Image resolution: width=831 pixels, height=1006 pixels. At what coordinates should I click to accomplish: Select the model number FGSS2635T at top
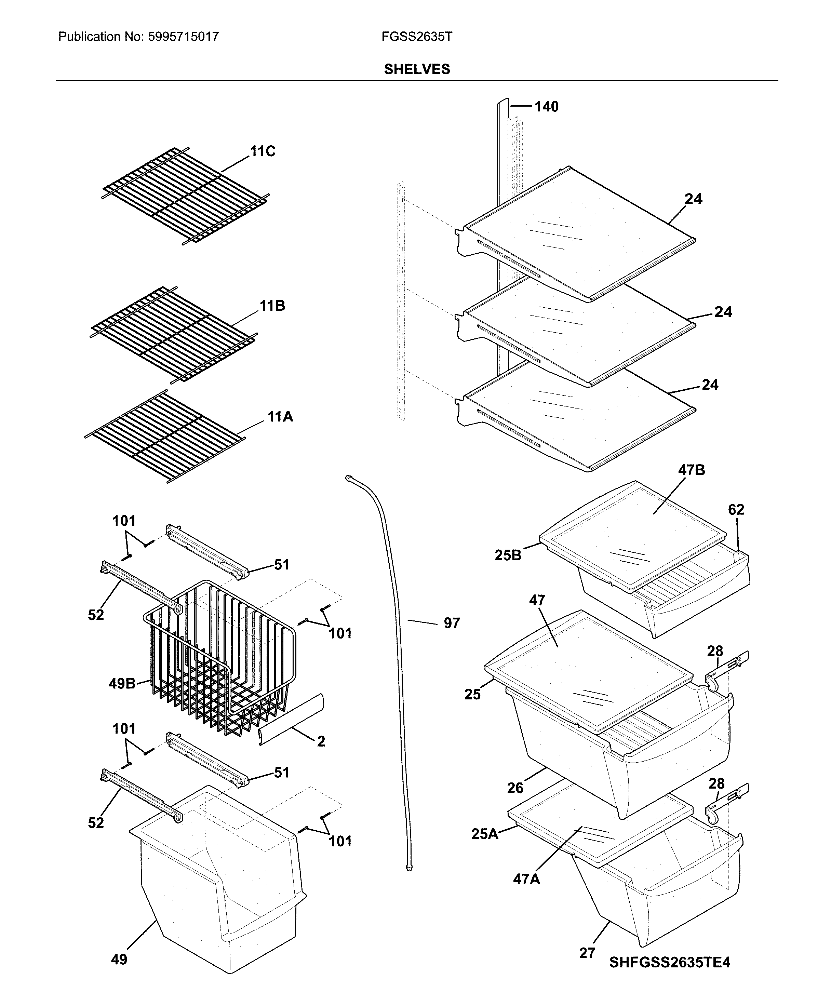point(416,37)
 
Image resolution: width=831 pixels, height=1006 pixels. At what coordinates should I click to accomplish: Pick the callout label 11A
point(280,417)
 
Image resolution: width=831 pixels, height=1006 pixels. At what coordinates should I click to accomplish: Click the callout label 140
point(546,106)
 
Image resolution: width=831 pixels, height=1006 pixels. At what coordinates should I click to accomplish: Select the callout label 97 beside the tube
point(452,623)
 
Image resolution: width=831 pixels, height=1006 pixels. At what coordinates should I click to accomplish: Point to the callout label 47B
point(691,470)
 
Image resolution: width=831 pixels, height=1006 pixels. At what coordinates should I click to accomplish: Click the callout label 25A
point(484,834)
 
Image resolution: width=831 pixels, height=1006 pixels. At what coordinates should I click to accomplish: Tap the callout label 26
point(515,788)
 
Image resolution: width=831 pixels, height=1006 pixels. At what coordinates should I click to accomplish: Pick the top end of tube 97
point(348,477)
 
